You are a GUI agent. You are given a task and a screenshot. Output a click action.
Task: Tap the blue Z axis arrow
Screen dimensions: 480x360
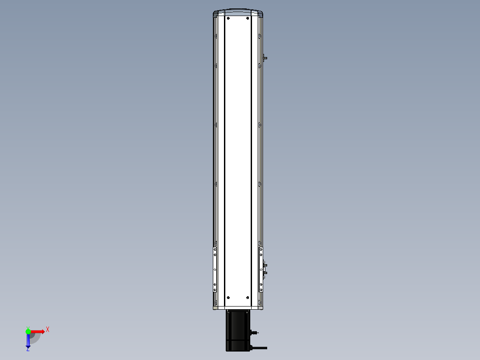click(28, 340)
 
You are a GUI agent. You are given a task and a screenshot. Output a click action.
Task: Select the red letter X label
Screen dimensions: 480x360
click(48, 330)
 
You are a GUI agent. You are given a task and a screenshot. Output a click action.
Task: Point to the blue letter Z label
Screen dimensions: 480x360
click(28, 349)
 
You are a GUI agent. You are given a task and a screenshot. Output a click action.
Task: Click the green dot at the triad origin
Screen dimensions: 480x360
click(28, 331)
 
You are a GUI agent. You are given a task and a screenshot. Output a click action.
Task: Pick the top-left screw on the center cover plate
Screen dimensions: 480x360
click(228, 18)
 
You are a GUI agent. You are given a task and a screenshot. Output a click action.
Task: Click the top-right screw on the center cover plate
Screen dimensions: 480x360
click(248, 18)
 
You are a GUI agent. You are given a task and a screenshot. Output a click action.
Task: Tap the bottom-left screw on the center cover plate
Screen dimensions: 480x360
click(228, 298)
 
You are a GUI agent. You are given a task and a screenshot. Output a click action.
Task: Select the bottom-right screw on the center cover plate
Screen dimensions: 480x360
click(248, 298)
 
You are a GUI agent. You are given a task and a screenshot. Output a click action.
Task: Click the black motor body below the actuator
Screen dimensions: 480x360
click(238, 330)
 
